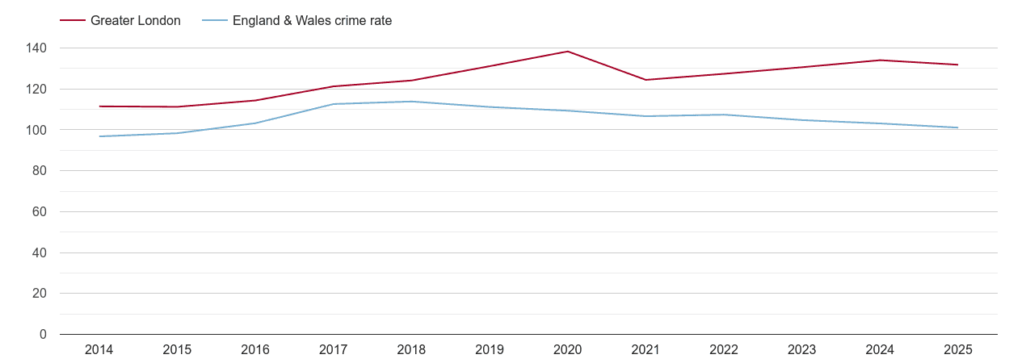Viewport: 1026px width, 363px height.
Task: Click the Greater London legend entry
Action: pyautogui.click(x=135, y=21)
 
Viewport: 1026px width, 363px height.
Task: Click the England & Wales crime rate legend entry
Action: pyautogui.click(x=312, y=21)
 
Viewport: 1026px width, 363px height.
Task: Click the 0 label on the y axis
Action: pyautogui.click(x=43, y=335)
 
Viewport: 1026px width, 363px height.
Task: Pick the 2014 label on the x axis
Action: pyautogui.click(x=99, y=350)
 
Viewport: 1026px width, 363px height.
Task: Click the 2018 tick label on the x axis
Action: pyautogui.click(x=411, y=350)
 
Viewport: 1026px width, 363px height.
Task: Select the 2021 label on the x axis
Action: pyautogui.click(x=645, y=350)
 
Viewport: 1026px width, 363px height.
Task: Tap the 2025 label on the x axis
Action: pyautogui.click(x=958, y=350)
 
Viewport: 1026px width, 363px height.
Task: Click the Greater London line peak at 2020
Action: pyautogui.click(x=568, y=52)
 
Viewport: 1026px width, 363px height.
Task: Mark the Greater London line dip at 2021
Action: pyautogui.click(x=645, y=80)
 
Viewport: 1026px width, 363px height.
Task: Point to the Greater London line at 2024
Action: pyautogui.click(x=880, y=60)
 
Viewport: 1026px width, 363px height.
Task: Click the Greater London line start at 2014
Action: pyautogui.click(x=99, y=106)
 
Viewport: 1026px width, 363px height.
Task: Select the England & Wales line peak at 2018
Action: pyautogui.click(x=411, y=102)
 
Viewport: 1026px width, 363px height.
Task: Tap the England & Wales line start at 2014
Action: pyautogui.click(x=99, y=136)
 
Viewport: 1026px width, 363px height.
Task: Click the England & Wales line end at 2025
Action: pyautogui.click(x=958, y=127)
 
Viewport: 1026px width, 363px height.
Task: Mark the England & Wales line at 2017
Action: pyautogui.click(x=333, y=104)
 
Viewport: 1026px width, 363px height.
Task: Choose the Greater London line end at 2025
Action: pyautogui.click(x=958, y=65)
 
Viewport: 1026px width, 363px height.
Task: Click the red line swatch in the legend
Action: pyautogui.click(x=73, y=21)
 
